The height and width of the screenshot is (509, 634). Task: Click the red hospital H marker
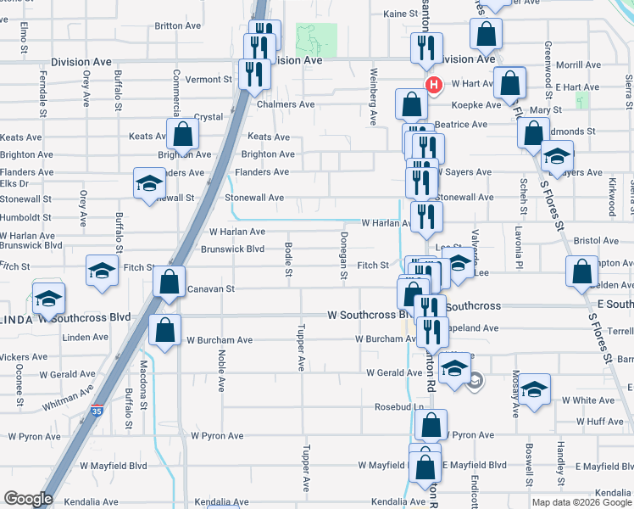click(x=434, y=85)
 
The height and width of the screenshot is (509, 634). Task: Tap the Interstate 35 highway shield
click(x=97, y=410)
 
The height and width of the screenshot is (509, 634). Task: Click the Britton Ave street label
click(x=178, y=25)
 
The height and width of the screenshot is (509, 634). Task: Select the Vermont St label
click(x=209, y=79)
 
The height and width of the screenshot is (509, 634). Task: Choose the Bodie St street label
click(x=288, y=260)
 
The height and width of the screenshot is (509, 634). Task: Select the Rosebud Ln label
click(x=399, y=407)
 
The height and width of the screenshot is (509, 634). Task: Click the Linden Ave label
click(x=86, y=337)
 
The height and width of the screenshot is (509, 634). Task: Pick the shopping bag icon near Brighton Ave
click(x=182, y=133)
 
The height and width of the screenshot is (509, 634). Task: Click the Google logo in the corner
click(x=28, y=499)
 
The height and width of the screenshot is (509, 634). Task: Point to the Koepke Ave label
click(x=480, y=105)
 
